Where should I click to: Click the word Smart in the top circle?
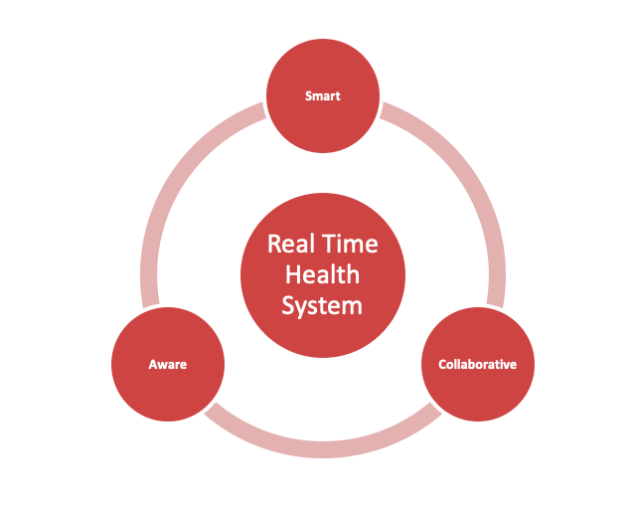(x=322, y=96)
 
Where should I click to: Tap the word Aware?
(x=168, y=365)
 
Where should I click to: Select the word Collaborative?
(x=477, y=365)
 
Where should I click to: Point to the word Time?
(x=350, y=244)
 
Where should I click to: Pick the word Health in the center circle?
(x=322, y=274)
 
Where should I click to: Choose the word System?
(x=322, y=306)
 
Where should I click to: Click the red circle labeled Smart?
(x=323, y=95)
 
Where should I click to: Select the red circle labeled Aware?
(x=168, y=364)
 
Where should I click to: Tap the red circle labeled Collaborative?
(x=478, y=364)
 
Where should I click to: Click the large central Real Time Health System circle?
(x=323, y=275)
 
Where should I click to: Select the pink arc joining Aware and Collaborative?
(x=323, y=449)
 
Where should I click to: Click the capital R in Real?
(x=274, y=244)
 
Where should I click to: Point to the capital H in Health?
(x=293, y=274)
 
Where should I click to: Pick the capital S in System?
(x=288, y=305)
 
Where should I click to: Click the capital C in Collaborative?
(x=442, y=365)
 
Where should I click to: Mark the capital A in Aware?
(x=153, y=365)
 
